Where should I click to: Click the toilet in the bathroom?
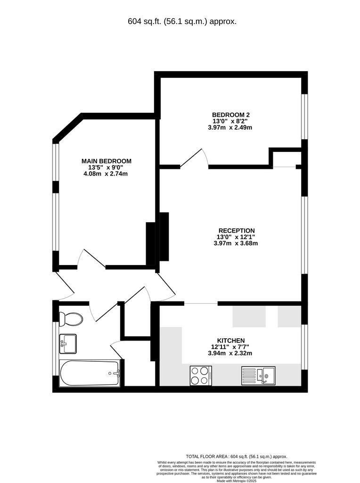click(71, 319)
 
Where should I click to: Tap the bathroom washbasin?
click(68, 344)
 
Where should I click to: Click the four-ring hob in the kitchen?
click(201, 375)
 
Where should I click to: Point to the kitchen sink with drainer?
click(259, 375)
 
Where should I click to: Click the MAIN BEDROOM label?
click(106, 161)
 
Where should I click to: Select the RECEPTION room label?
click(237, 230)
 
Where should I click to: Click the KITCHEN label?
click(231, 341)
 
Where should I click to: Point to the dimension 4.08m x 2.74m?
click(106, 174)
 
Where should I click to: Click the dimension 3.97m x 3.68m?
click(236, 243)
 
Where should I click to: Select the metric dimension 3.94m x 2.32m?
click(230, 353)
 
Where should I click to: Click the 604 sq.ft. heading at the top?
click(182, 22)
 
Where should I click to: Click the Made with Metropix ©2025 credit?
click(237, 481)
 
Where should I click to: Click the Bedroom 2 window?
click(304, 117)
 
